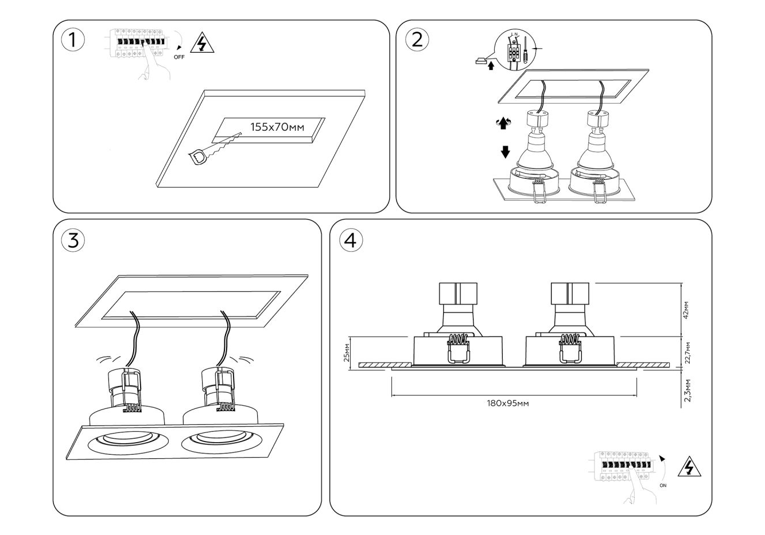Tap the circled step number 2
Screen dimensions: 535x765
click(417, 40)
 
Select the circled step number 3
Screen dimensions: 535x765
click(73, 241)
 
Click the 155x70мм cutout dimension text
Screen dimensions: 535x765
click(277, 127)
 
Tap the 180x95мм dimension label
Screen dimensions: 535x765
click(507, 403)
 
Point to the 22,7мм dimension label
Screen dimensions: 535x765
click(687, 353)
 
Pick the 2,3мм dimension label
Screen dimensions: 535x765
click(687, 390)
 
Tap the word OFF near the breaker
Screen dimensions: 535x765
click(179, 57)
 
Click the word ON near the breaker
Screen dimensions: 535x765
click(663, 485)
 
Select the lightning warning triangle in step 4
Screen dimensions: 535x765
click(689, 468)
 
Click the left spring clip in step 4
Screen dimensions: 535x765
click(458, 349)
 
